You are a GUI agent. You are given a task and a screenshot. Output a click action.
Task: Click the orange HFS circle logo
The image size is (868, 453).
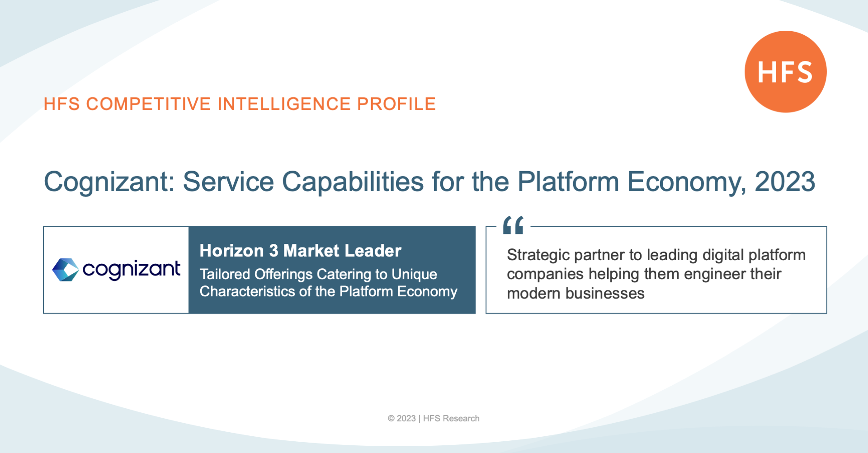point(786,72)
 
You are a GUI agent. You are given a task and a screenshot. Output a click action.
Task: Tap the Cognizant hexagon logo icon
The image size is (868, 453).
point(66,270)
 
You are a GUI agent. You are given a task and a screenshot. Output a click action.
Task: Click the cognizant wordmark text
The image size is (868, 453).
point(132,270)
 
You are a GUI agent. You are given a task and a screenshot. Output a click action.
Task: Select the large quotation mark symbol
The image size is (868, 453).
point(513,225)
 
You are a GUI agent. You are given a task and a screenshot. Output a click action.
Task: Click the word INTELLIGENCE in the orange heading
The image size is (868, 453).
point(284,104)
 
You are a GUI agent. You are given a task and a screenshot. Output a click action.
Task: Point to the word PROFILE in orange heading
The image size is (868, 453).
point(396,104)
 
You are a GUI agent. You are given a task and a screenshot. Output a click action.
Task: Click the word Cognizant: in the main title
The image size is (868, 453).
point(109,182)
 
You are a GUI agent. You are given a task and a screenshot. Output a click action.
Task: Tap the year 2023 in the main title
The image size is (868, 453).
point(785,182)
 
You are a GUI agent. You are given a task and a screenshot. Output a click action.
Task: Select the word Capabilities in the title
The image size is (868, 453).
point(353,182)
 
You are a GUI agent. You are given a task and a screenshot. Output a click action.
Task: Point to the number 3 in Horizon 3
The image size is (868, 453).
point(274,251)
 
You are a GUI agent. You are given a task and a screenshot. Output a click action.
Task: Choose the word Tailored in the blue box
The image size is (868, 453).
point(225,274)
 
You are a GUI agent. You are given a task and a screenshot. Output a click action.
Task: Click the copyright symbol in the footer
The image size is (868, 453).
point(391,419)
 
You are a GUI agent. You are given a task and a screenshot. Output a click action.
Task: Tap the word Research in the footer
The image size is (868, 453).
point(461,419)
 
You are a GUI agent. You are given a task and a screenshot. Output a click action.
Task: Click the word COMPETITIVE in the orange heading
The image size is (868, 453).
point(148,104)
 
